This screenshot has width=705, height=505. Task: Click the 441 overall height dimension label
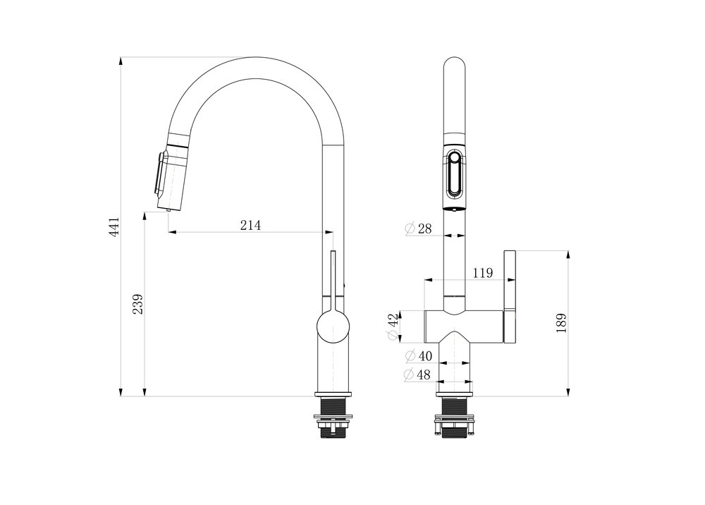114,226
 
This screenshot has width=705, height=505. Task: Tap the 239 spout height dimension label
137,304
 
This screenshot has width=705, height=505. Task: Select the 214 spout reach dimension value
250,225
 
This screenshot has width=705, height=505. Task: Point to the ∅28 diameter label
418,229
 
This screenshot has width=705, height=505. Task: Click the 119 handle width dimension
483,273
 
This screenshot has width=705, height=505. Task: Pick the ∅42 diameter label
393,326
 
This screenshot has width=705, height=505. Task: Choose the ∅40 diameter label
419,356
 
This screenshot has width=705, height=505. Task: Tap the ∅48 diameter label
417,375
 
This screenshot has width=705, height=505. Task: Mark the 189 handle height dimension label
561,323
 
